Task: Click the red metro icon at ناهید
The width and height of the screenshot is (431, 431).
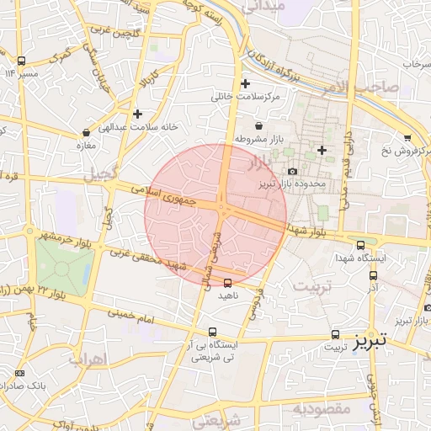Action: (227, 283)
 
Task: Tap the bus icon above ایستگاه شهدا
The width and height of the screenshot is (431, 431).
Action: (360, 245)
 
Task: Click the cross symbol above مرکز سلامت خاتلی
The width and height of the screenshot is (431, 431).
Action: (245, 83)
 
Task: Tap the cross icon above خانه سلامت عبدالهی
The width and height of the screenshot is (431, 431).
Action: (137, 113)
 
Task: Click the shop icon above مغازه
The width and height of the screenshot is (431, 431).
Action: (86, 132)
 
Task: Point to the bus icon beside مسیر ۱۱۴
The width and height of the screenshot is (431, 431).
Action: (21, 61)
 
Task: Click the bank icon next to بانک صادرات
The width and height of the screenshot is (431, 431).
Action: (20, 372)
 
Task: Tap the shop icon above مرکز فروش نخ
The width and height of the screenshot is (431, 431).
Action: (407, 137)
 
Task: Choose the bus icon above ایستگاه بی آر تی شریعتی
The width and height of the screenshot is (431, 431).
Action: (213, 332)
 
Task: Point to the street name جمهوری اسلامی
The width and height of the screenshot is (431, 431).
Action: (165, 197)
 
